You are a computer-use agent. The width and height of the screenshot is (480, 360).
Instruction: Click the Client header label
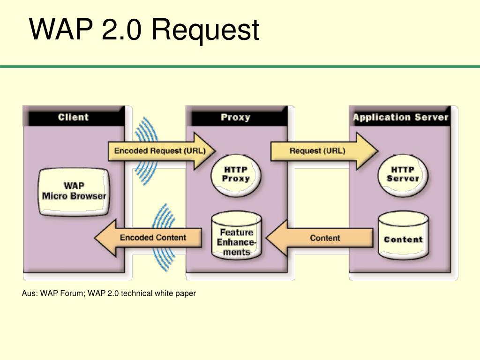(x=73, y=117)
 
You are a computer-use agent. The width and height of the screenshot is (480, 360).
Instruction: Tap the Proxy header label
(x=235, y=117)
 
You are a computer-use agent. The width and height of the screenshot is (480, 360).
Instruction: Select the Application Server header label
(x=400, y=117)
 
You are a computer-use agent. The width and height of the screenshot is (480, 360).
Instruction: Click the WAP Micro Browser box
(x=74, y=192)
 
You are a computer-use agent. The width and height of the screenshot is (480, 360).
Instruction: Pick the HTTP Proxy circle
(x=236, y=174)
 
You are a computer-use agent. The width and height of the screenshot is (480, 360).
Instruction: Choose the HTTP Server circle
(x=403, y=174)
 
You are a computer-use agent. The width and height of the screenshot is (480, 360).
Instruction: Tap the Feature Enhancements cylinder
(x=236, y=236)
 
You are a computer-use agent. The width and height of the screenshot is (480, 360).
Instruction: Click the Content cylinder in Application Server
(x=404, y=236)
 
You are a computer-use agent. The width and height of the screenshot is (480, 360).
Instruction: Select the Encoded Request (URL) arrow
(x=162, y=151)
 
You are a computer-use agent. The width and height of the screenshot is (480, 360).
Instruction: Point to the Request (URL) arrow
(x=324, y=151)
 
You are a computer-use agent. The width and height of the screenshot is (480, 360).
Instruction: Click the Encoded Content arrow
(x=148, y=238)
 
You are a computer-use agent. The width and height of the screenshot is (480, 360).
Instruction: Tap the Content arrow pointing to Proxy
(x=320, y=238)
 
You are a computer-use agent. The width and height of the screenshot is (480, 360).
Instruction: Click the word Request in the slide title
(x=205, y=30)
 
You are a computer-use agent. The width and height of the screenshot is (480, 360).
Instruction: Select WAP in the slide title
(x=61, y=29)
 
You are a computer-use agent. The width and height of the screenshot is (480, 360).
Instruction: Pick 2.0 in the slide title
(x=121, y=29)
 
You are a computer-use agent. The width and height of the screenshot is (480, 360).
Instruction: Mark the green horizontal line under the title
(x=240, y=67)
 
